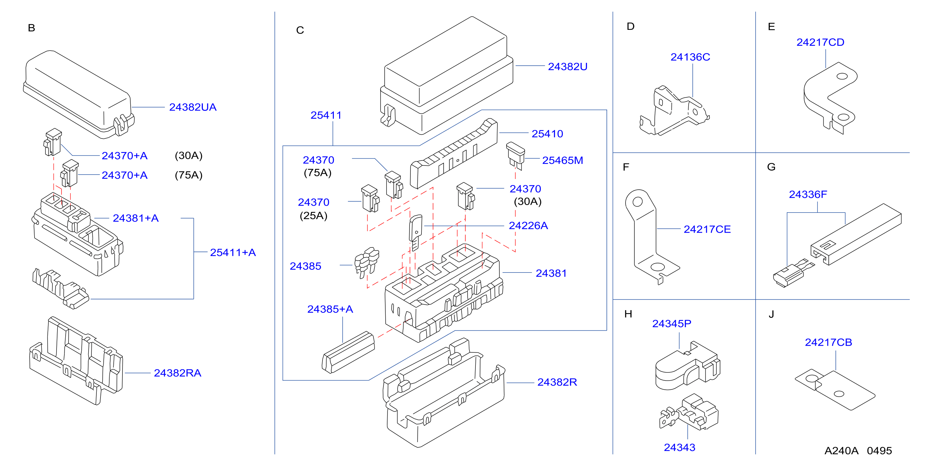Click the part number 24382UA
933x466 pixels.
pyautogui.click(x=193, y=107)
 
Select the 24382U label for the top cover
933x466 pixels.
pyautogui.click(x=567, y=67)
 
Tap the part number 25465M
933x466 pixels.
pyautogui.click(x=562, y=160)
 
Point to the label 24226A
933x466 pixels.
pyautogui.click(x=528, y=225)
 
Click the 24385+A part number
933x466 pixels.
pyautogui.click(x=330, y=309)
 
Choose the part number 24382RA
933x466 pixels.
pyautogui.click(x=177, y=373)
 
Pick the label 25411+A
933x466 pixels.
pyautogui.click(x=233, y=252)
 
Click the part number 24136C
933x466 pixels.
pyautogui.click(x=690, y=57)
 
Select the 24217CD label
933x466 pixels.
pyautogui.click(x=820, y=42)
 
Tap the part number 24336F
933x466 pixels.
pyautogui.click(x=808, y=194)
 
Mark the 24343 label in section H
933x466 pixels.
pyautogui.click(x=680, y=447)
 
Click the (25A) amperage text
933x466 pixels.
pyautogui.click(x=313, y=216)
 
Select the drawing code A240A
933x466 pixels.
pyautogui.click(x=841, y=451)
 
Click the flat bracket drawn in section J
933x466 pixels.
pyautogui.click(x=835, y=390)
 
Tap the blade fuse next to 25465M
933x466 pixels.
pyautogui.click(x=515, y=156)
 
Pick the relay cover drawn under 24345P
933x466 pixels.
pyautogui.click(x=687, y=366)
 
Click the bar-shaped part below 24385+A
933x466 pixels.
pyautogui.click(x=348, y=352)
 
